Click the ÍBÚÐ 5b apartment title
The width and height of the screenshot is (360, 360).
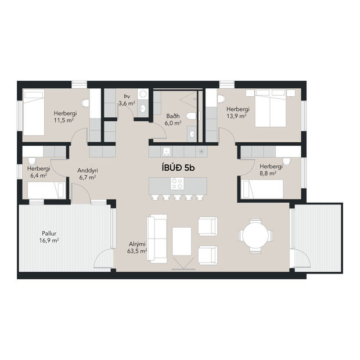point(179,167)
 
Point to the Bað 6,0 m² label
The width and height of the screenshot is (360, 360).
point(172,119)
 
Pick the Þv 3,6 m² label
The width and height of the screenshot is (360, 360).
point(127,100)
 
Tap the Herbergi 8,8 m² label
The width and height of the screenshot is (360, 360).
point(271,170)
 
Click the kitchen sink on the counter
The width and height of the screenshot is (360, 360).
point(166,151)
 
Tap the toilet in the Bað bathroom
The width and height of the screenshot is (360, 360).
point(194,116)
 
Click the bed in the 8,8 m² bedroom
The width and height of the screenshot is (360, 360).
point(262,189)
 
